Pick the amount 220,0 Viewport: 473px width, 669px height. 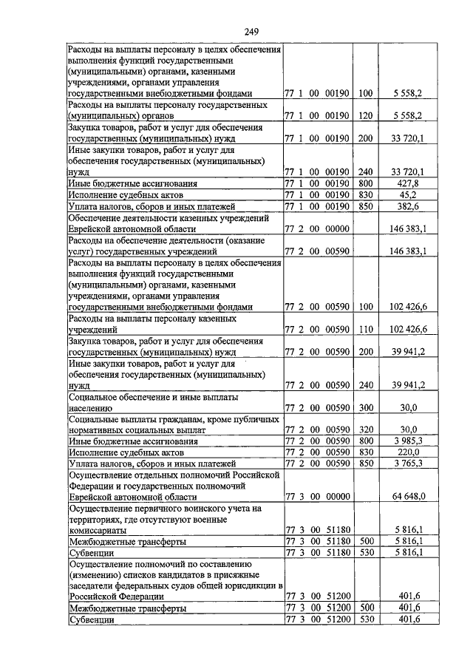pos(407,452)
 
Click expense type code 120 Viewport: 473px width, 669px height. pos(364,116)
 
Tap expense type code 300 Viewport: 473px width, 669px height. pos(364,406)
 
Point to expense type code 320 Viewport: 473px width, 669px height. pos(364,429)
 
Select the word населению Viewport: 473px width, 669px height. pos(89,407)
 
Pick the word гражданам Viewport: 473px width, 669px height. pos(149,418)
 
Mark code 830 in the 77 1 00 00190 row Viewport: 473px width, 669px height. pos(364,194)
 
